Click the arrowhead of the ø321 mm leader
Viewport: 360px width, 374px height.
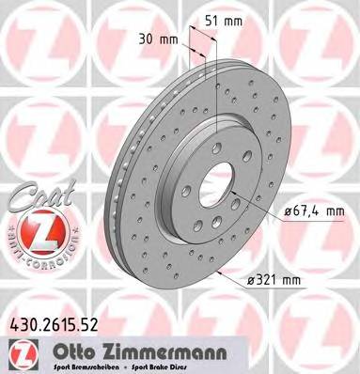[218, 273]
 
